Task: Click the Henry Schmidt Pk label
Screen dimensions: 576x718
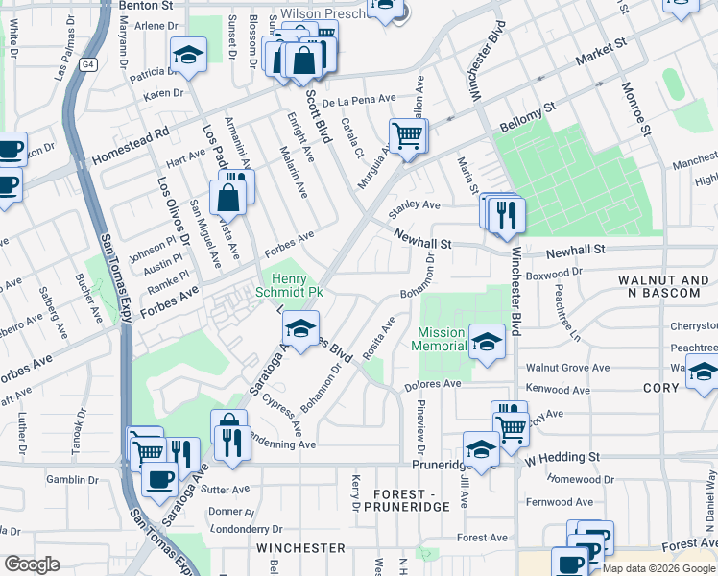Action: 293,285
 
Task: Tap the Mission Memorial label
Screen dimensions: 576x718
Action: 441,339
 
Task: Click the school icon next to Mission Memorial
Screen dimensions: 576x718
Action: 487,343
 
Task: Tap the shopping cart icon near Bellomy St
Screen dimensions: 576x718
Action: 408,134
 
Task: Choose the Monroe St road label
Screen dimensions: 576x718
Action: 637,111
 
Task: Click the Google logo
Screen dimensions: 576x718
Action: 32,564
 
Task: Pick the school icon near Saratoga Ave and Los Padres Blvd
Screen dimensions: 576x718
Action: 300,330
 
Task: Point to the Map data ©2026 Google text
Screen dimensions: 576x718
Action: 659,568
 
